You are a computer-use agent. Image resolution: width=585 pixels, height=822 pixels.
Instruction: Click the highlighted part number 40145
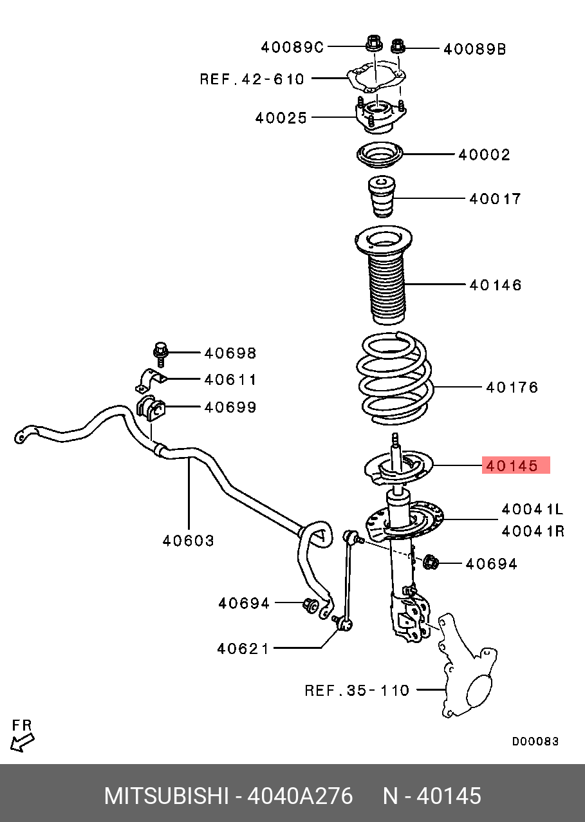[515, 465]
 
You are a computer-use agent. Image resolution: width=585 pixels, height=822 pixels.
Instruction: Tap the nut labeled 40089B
[398, 46]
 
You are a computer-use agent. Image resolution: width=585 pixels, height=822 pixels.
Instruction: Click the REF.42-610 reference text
[252, 79]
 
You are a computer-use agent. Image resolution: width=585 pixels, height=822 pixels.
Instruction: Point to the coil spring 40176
[394, 380]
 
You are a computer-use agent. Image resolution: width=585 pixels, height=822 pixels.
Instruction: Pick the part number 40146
[495, 285]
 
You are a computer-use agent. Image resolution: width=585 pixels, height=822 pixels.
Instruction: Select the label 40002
[484, 154]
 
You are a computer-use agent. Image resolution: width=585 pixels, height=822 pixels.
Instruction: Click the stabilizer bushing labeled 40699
[151, 407]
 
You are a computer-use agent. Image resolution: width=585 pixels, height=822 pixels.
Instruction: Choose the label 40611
[230, 380]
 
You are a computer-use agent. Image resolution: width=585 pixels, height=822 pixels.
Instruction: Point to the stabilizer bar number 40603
[188, 541]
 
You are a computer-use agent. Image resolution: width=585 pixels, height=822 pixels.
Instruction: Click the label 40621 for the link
[243, 648]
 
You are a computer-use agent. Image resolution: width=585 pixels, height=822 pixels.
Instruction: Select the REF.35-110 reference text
[357, 691]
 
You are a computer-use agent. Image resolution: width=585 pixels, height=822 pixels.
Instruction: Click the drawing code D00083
[535, 742]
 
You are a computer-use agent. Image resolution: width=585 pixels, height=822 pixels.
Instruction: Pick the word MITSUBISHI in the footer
[166, 796]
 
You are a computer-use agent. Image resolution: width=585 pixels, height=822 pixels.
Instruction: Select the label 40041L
[532, 510]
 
